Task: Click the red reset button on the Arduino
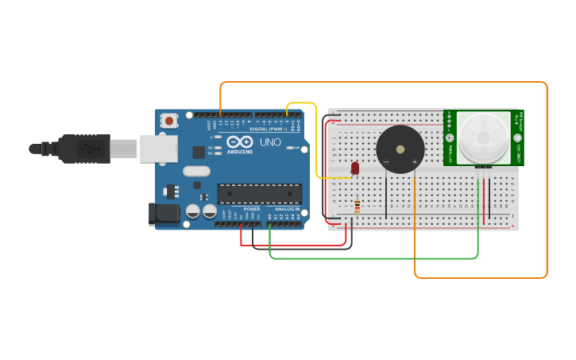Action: pyautogui.click(x=168, y=121)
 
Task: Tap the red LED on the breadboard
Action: pyautogui.click(x=354, y=168)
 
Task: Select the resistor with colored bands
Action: pyautogui.click(x=358, y=207)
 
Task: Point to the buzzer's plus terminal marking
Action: pyautogui.click(x=414, y=162)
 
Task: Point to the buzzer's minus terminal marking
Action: pyautogui.click(x=386, y=162)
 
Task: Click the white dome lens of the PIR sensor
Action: pyautogui.click(x=483, y=137)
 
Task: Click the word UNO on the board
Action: pyautogui.click(x=271, y=143)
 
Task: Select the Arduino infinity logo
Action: pyautogui.click(x=240, y=143)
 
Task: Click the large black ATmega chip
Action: pyautogui.click(x=259, y=194)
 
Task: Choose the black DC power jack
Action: pyautogui.click(x=164, y=213)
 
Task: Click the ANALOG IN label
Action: pyautogui.click(x=286, y=209)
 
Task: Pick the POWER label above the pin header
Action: pyautogui.click(x=251, y=209)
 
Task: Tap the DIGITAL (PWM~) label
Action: pyautogui.click(x=269, y=129)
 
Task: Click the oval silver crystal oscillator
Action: pyautogui.click(x=196, y=171)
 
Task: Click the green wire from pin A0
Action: pyautogui.click(x=373, y=258)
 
